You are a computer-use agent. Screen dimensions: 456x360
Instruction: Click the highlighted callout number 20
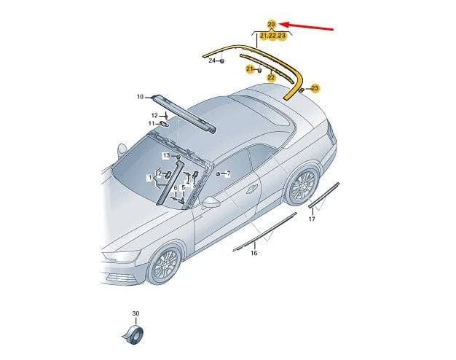coord(271,25)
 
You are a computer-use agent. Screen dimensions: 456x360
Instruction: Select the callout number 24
coord(212,60)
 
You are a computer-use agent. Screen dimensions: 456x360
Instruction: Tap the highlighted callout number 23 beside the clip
coord(315,88)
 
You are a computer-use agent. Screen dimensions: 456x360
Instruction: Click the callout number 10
coord(140,97)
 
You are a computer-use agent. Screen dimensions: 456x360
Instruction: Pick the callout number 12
coord(154,116)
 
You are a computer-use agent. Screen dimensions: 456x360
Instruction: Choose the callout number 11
coord(152,124)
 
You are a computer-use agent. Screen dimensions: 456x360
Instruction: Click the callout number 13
coord(166,156)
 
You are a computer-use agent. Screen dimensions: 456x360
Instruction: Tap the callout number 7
coord(228,174)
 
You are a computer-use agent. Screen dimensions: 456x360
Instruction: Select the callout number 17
coord(312,219)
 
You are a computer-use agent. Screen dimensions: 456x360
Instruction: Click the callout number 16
coord(254,253)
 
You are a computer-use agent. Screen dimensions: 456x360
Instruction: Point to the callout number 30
coord(135,313)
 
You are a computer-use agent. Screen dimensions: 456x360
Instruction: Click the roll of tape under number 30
coord(134,335)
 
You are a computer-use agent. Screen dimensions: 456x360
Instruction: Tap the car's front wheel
coord(165,265)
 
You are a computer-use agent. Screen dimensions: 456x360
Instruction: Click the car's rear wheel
coord(302,185)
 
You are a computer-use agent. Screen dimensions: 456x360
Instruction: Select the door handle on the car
coord(252,189)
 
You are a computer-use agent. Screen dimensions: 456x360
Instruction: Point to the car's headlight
coord(121,256)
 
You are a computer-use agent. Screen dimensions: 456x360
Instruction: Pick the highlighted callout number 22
coord(271,78)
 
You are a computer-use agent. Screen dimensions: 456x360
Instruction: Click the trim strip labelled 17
coord(323,195)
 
